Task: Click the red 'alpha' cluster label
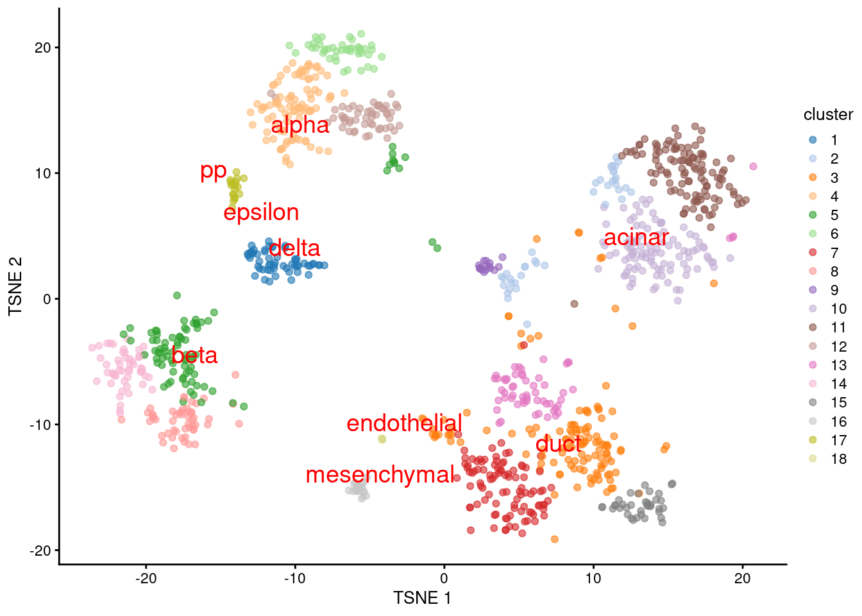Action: pos(300,125)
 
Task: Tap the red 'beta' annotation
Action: pos(194,355)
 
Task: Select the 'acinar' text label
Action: pos(636,237)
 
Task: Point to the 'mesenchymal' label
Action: pos(380,475)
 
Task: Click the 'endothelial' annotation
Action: pos(404,424)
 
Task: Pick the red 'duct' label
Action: pos(558,443)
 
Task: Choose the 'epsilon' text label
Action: pos(261,212)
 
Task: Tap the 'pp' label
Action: pos(214,171)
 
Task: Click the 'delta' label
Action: pos(294,248)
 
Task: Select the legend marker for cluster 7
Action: pos(813,253)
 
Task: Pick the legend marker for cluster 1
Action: pos(813,140)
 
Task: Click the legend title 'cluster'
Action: pos(828,115)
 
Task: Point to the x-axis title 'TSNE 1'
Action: pos(422,599)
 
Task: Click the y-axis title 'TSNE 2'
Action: pos(15,286)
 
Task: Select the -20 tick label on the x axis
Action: pos(146,578)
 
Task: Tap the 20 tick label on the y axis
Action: pos(42,48)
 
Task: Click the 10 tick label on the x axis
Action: pos(593,578)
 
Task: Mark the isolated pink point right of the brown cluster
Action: pos(753,166)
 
